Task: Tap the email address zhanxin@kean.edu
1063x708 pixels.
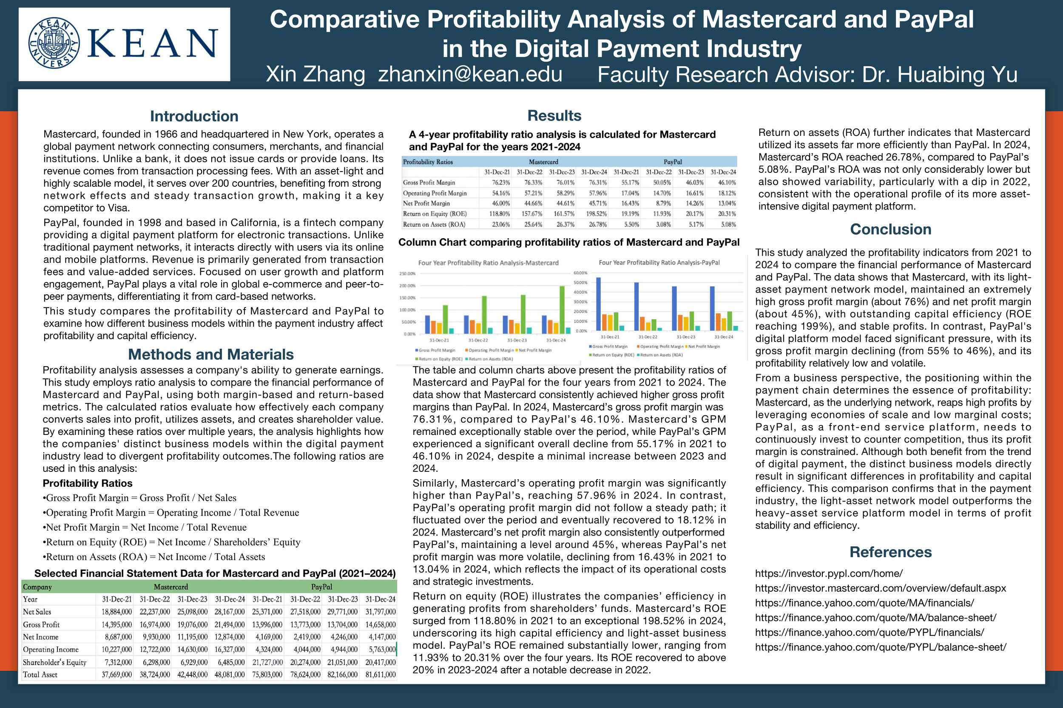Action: tap(470, 74)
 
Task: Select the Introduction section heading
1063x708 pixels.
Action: tap(194, 116)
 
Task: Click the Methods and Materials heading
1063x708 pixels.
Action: tap(210, 355)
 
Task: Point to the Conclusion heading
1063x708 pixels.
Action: tap(890, 229)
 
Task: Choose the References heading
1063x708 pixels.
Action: tap(890, 552)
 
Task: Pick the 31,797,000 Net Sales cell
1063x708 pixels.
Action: tap(380, 612)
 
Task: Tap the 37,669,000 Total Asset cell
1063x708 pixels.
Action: tap(117, 674)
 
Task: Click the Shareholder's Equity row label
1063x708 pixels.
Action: tap(54, 663)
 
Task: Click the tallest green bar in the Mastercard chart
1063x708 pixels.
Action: tap(562, 310)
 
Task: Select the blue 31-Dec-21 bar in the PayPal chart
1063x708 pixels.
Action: tap(598, 304)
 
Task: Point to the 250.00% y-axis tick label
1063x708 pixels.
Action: tap(407, 274)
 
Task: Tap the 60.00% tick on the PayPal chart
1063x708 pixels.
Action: tap(580, 273)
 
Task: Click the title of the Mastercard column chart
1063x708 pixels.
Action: tap(488, 263)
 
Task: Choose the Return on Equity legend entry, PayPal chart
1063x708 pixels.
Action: tap(612, 355)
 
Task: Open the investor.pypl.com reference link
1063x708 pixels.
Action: tap(828, 573)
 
